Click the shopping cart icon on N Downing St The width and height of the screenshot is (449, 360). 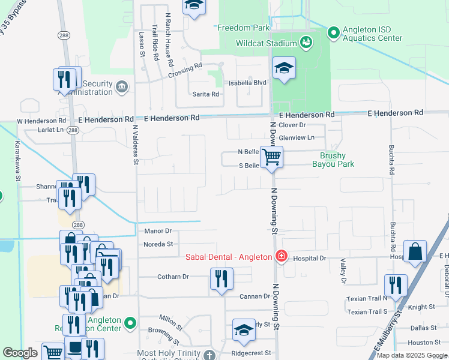tap(272, 157)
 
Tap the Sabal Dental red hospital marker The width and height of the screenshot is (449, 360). tap(280, 257)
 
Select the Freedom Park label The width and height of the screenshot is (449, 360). tap(243, 28)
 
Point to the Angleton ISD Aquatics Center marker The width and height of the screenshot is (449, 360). tap(333, 32)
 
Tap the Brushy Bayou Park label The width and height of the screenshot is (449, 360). tap(332, 159)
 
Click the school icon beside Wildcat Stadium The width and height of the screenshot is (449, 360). tap(284, 67)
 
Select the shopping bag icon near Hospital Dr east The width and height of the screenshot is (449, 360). tap(415, 252)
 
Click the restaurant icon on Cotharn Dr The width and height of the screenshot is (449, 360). tap(221, 278)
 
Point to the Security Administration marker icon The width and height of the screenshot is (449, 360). tap(122, 87)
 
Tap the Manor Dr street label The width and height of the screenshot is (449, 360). tap(157, 230)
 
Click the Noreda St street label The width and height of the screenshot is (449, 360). tap(158, 244)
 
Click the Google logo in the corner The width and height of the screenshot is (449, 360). tap(20, 353)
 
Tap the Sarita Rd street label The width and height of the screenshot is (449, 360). tap(205, 94)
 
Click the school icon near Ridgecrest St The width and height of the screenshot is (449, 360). tap(244, 330)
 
